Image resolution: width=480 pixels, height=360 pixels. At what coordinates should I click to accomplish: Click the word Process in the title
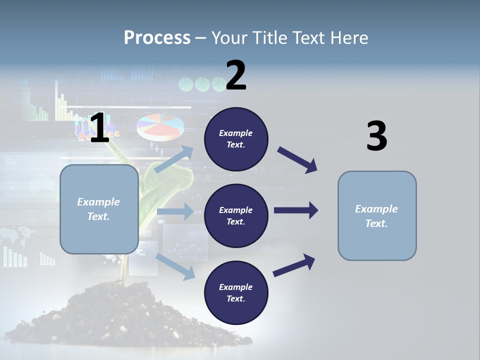pyautogui.click(x=157, y=38)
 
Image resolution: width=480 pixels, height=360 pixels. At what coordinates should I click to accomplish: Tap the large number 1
pyautogui.click(x=99, y=128)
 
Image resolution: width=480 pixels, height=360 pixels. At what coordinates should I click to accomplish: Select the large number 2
pyautogui.click(x=236, y=76)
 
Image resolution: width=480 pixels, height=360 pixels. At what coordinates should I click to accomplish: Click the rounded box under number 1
pyautogui.click(x=99, y=209)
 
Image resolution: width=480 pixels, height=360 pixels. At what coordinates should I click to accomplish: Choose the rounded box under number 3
pyautogui.click(x=377, y=216)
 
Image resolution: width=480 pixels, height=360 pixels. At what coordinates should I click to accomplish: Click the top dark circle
pyautogui.click(x=236, y=139)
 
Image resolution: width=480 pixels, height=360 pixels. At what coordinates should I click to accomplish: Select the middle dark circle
pyautogui.click(x=236, y=215)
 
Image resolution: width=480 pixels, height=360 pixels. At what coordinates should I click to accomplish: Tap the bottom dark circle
pyautogui.click(x=236, y=292)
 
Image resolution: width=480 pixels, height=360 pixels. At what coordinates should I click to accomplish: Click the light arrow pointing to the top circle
pyautogui.click(x=174, y=159)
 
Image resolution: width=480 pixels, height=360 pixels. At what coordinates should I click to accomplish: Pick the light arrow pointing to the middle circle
pyautogui.click(x=175, y=211)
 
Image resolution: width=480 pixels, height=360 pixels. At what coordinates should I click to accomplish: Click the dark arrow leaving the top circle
pyautogui.click(x=297, y=159)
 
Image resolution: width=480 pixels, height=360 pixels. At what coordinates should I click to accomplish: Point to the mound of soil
pyautogui.click(x=125, y=315)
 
